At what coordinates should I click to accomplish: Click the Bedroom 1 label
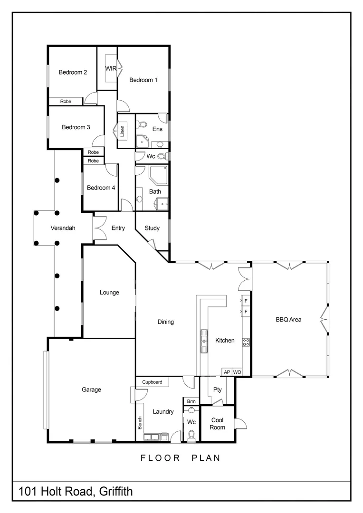[143, 80]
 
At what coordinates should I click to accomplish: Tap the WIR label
[111, 69]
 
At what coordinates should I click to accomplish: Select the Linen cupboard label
[122, 130]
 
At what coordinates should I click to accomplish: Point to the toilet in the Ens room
[141, 125]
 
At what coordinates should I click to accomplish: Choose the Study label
[152, 228]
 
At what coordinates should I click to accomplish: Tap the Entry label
[118, 228]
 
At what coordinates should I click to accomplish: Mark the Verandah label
[63, 228]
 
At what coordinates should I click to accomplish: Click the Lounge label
[109, 293]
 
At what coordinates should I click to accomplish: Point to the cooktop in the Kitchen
[246, 342]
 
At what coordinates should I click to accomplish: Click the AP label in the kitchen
[227, 372]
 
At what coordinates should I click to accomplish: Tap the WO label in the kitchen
[237, 372]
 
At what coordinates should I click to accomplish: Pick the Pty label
[218, 390]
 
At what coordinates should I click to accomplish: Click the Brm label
[191, 401]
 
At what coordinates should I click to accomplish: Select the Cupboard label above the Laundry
[152, 382]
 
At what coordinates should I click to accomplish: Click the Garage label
[91, 389]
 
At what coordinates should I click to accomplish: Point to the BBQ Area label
[288, 320]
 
